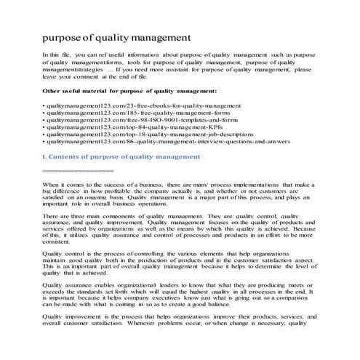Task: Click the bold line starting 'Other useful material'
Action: pos(129,91)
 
